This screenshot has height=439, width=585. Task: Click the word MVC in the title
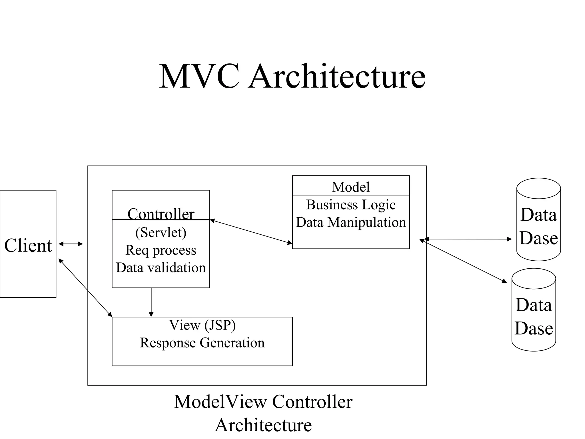199,77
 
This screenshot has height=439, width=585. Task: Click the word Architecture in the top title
337,77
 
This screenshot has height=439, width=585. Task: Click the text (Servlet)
161,232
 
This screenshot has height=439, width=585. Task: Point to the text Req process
161,250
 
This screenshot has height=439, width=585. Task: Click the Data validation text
161,268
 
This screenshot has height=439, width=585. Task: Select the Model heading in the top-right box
351,187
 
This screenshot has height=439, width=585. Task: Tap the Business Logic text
351,205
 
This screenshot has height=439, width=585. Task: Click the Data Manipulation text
351,222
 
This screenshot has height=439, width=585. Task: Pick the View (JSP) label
202,325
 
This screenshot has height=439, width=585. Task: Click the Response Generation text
202,343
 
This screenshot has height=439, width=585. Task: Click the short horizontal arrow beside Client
71,244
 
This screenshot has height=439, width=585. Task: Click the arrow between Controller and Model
251,232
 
